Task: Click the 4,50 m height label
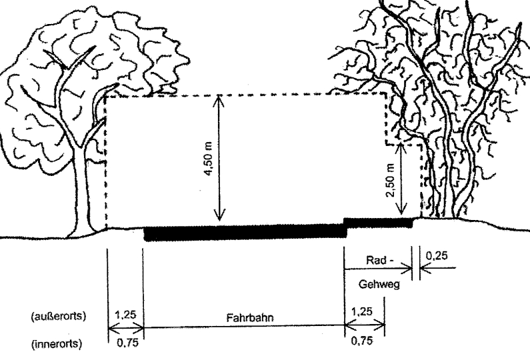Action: click(208, 159)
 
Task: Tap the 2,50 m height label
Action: click(391, 180)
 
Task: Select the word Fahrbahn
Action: click(250, 318)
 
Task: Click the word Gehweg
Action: click(379, 284)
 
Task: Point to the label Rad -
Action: click(380, 260)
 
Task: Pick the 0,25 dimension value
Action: click(437, 256)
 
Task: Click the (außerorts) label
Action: click(59, 316)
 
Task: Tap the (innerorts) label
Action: click(57, 344)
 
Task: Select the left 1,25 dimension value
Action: click(125, 315)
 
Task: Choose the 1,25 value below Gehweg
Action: click(362, 311)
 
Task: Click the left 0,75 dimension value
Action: click(128, 343)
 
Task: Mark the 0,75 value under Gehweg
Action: click(362, 341)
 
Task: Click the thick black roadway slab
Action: click(246, 233)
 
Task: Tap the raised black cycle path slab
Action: click(378, 223)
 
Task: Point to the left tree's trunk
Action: click(81, 189)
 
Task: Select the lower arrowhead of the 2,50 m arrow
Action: click(401, 209)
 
